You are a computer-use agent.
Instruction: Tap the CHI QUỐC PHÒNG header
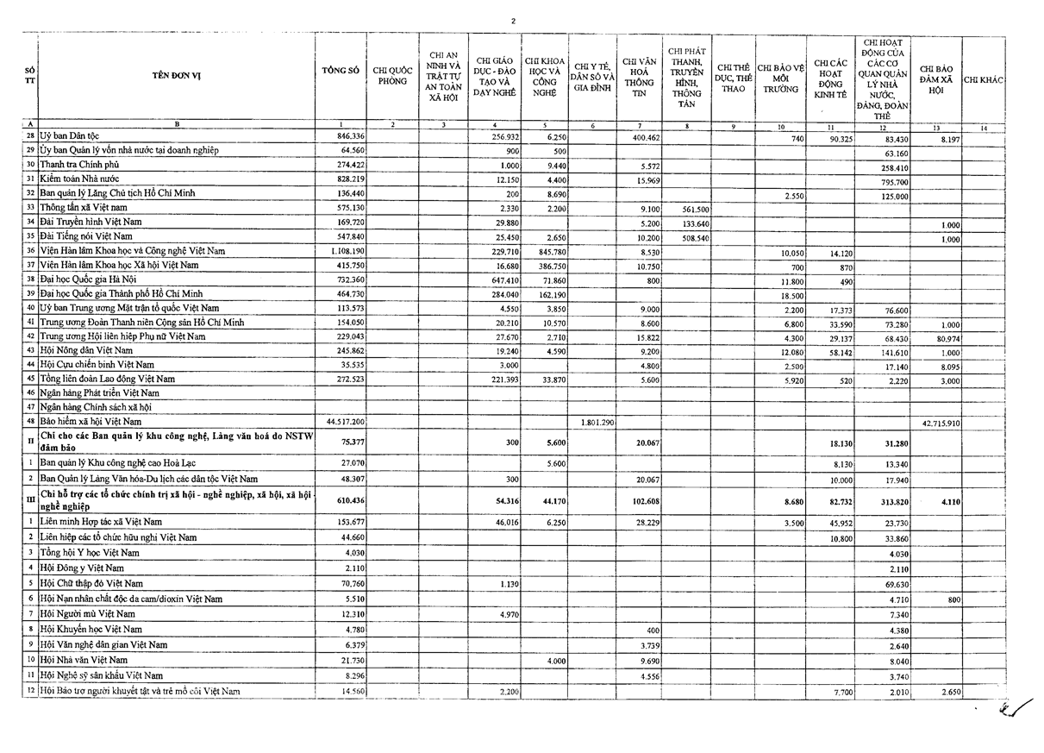392,76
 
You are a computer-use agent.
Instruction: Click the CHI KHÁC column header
983,80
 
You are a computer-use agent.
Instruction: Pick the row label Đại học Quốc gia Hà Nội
95,279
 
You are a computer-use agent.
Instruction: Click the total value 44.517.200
345,421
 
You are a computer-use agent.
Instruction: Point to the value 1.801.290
595,422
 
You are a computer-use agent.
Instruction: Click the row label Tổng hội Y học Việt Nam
90,552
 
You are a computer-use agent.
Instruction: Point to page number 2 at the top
513,21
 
